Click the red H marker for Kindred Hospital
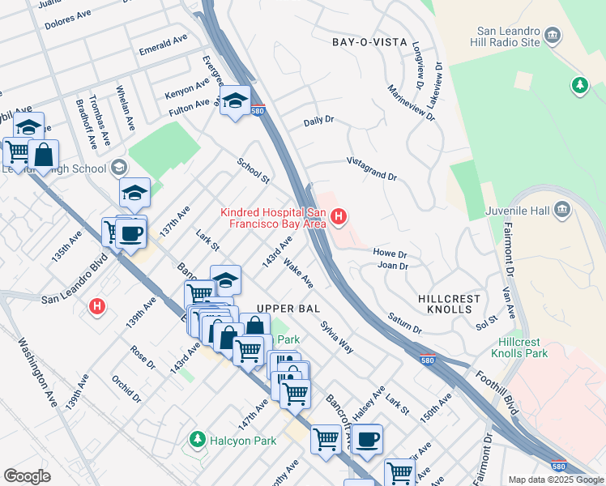click(339, 216)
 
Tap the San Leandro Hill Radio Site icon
click(553, 35)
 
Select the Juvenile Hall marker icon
click(561, 211)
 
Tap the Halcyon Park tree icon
click(196, 439)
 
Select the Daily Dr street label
click(318, 121)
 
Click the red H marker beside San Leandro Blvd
click(97, 307)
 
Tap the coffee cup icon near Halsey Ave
click(367, 439)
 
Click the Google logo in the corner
click(27, 476)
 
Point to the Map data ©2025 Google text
click(555, 480)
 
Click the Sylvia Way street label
click(336, 336)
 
